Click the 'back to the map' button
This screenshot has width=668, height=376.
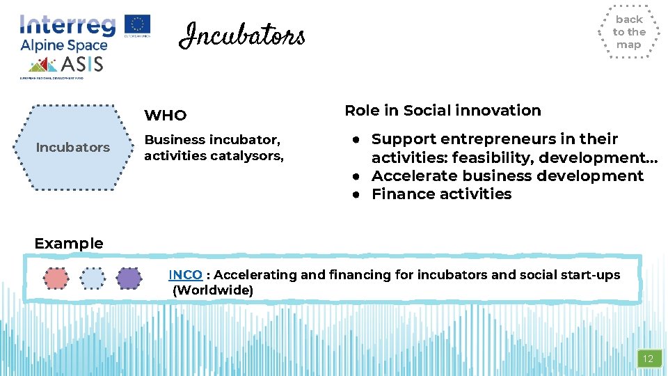[x=629, y=32]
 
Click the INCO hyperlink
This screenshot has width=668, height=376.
[x=185, y=275]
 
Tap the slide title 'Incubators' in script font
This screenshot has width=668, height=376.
[x=242, y=35]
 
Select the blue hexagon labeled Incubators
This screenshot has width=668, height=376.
[x=72, y=147]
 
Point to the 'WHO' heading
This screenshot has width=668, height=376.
[x=165, y=115]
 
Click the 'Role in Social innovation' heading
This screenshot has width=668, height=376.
[x=443, y=111]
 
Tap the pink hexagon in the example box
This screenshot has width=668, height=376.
[x=56, y=279]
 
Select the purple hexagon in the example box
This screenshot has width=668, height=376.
[x=129, y=279]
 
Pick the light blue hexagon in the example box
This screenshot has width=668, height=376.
[x=92, y=279]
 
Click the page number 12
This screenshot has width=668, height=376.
[x=648, y=359]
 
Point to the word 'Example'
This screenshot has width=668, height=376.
[x=68, y=244]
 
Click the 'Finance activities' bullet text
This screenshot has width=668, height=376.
[x=441, y=194]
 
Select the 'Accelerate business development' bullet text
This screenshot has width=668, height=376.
[x=507, y=176]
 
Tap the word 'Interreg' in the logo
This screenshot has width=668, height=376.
[x=67, y=25]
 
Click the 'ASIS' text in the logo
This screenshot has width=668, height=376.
[x=82, y=65]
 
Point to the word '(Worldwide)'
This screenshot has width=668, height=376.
[x=212, y=290]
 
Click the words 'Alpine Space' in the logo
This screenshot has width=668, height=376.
[x=63, y=45]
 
